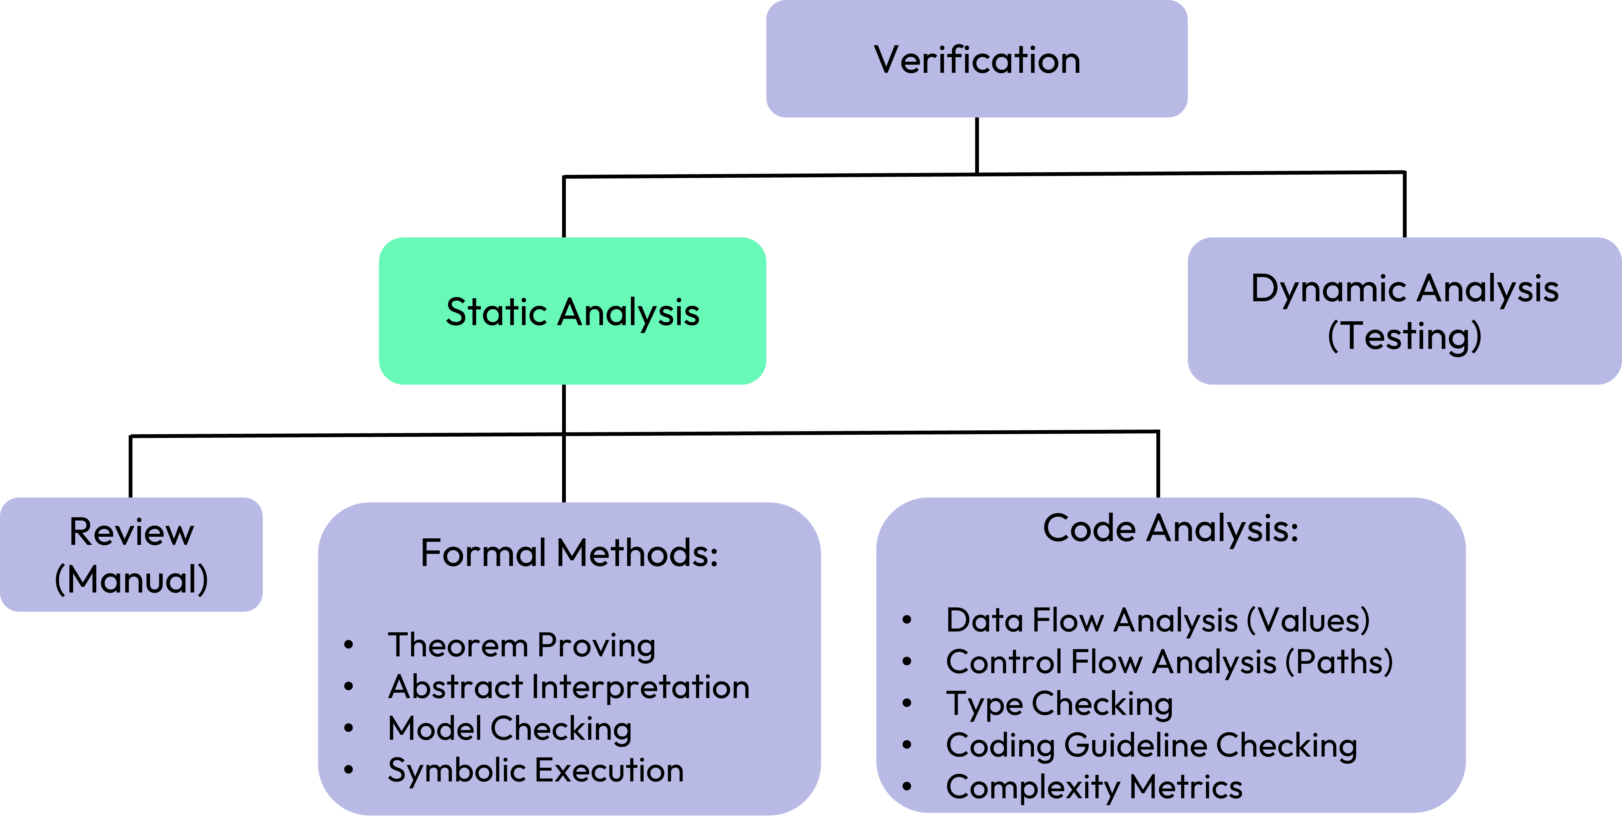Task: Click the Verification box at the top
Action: pyautogui.click(x=977, y=59)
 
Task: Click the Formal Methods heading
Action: pyautogui.click(x=569, y=553)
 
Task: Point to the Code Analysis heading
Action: pyautogui.click(x=1170, y=528)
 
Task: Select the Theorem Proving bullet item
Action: pyautogui.click(x=521, y=645)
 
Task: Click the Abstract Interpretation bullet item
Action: pyautogui.click(x=569, y=686)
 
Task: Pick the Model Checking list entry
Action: pyautogui.click(x=510, y=729)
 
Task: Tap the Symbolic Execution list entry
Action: pyautogui.click(x=535, y=770)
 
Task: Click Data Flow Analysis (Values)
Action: pyautogui.click(x=1157, y=620)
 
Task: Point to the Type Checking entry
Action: pyautogui.click(x=1059, y=703)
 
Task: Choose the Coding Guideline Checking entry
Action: pyautogui.click(x=1151, y=745)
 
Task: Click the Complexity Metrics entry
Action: pyautogui.click(x=1094, y=787)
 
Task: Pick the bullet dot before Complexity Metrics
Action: pyautogui.click(x=907, y=787)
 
